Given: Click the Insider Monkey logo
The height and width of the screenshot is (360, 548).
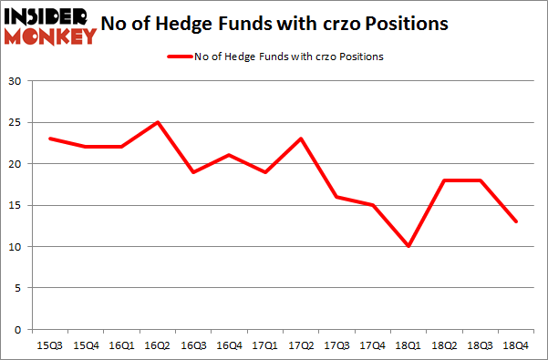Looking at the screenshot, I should point(50,26).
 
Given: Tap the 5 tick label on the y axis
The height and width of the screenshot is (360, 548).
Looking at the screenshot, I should point(17,288).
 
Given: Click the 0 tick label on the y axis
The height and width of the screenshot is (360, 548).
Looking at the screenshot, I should point(17,329).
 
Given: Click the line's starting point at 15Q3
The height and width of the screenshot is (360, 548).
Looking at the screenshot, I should point(49,139).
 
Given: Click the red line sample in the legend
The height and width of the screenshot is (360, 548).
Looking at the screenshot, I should point(179,57).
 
